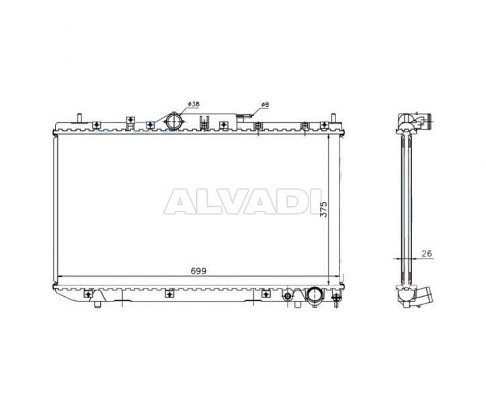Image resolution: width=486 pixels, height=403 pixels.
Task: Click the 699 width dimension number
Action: click(198, 271)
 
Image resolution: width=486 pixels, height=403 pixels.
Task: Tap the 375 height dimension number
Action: click(323, 210)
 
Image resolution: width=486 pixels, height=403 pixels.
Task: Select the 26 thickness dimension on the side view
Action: click(427, 253)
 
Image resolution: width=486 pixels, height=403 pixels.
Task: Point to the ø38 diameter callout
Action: click(194, 104)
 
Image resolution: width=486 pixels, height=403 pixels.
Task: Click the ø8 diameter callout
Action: click(265, 105)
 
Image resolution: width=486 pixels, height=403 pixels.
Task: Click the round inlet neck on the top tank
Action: click(173, 122)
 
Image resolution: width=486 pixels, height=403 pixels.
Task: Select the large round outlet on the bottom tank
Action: click(315, 296)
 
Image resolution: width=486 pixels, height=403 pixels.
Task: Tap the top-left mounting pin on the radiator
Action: click(80, 118)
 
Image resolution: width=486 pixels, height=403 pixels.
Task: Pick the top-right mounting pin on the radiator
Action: click(333, 118)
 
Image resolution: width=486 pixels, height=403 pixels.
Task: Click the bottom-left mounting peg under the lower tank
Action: click(97, 304)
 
